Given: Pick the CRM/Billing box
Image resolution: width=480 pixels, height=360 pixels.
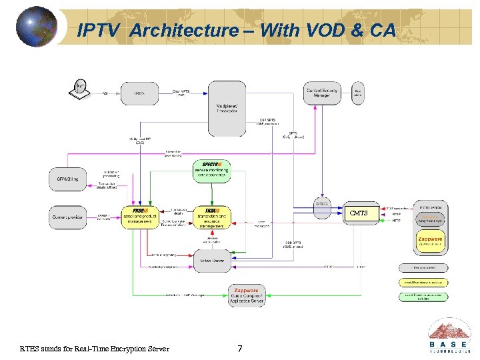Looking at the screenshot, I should tap(67, 179).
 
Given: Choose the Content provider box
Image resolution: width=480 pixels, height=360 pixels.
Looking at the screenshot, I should tap(67, 217).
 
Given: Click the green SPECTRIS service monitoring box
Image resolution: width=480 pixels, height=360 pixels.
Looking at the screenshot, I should tap(211, 171).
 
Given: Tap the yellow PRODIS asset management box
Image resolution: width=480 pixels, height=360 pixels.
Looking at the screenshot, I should tap(141, 216).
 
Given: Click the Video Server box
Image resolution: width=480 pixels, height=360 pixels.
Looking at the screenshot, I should tap(211, 261).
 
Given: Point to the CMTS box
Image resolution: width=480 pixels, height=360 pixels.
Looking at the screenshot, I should tap(358, 213).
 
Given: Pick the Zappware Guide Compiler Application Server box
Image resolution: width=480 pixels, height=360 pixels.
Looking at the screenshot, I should tap(247, 296).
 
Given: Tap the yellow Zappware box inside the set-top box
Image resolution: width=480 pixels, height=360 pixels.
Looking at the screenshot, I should tap(429, 242).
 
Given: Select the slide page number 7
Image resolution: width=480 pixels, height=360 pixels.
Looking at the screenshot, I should tap(240, 349).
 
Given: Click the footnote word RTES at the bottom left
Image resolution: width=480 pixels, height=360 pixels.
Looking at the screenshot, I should tap(31, 349).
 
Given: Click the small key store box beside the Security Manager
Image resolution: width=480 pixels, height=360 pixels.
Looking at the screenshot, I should tap(358, 93).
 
